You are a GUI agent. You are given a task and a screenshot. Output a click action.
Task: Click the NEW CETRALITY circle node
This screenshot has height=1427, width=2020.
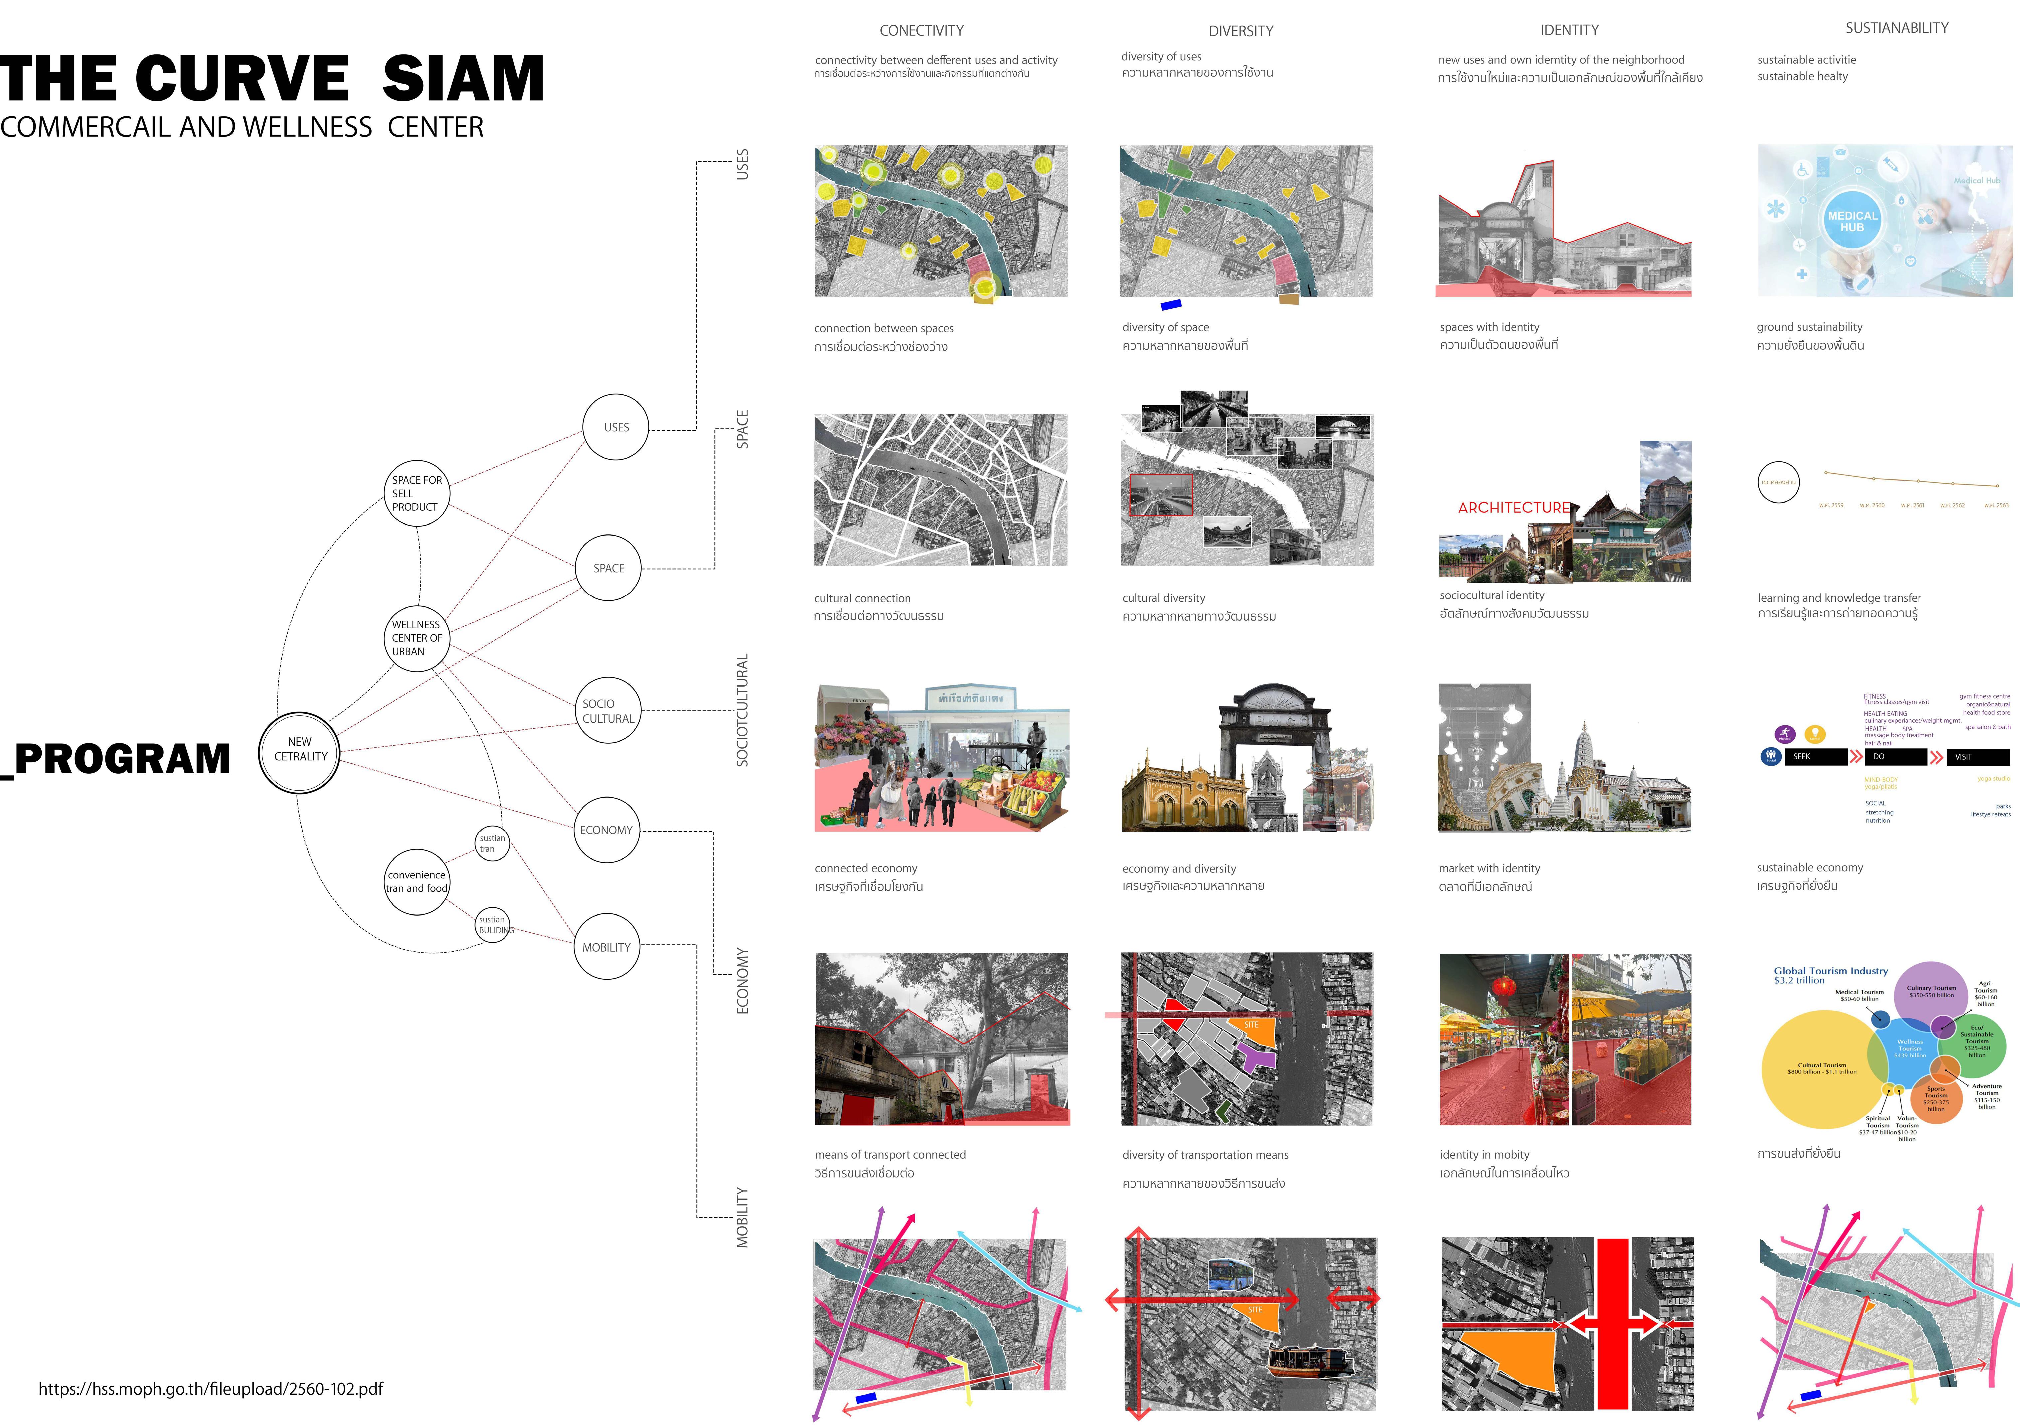(299, 752)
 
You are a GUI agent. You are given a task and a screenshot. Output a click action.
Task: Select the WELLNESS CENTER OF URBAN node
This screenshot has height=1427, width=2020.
(417, 638)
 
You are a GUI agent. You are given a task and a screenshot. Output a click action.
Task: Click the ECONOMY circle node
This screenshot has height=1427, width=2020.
(606, 830)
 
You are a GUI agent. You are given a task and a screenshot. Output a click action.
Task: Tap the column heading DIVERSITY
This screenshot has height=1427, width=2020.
(1241, 31)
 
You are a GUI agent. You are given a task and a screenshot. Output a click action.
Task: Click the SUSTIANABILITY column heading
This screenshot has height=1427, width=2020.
(1897, 28)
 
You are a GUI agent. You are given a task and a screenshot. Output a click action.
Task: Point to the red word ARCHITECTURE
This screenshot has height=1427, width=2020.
(1513, 508)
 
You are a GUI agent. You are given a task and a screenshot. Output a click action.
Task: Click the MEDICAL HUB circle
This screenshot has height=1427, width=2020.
(1852, 221)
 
